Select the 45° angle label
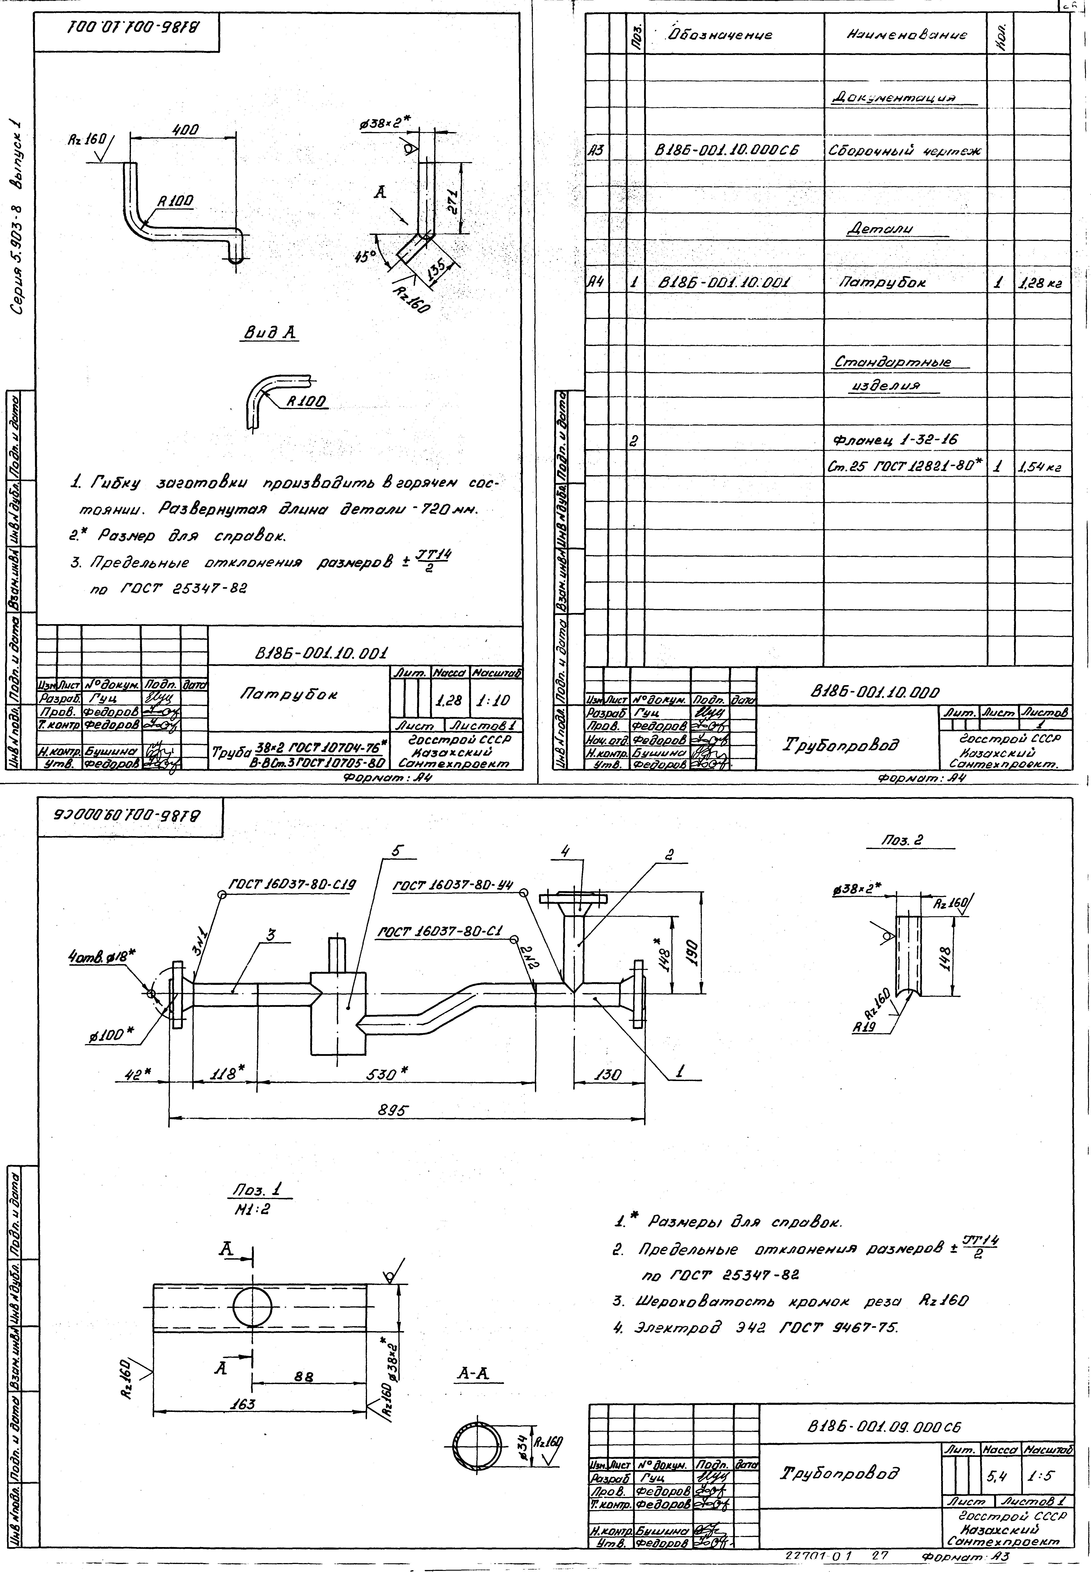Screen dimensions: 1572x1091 366,257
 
